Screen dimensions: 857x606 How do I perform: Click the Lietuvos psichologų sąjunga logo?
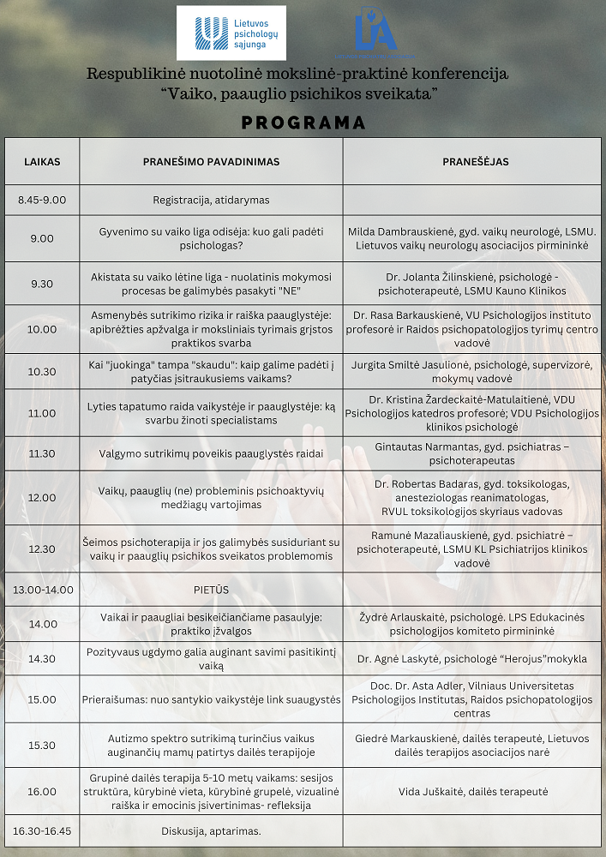point(231,33)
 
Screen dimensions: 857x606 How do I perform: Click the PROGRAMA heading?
point(303,123)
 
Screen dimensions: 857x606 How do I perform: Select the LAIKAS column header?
point(42,161)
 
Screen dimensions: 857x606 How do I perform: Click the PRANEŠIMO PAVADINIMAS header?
point(211,161)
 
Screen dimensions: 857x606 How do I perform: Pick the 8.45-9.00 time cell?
point(42,200)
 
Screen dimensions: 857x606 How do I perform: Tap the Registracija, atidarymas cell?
point(211,200)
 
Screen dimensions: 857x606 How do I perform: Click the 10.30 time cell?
point(42,372)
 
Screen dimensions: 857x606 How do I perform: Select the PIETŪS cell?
point(211,590)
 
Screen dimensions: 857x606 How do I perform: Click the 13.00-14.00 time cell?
point(43,590)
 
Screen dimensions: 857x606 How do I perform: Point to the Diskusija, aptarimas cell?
point(211,830)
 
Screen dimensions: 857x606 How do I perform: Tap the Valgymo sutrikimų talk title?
point(211,453)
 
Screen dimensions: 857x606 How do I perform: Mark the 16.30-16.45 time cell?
point(43,830)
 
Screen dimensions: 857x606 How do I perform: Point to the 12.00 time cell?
point(42,497)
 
